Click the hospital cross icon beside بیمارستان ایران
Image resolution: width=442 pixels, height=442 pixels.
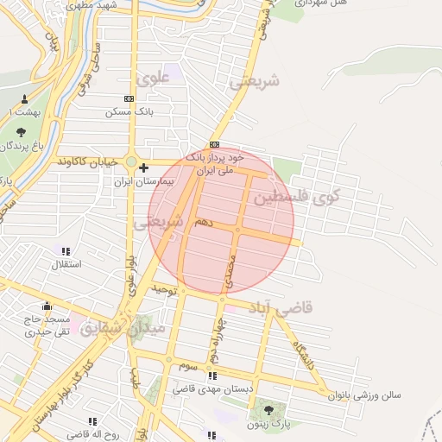(144, 167)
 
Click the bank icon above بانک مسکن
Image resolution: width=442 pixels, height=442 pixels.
(129, 99)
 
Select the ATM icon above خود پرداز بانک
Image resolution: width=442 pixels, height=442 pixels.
(214, 144)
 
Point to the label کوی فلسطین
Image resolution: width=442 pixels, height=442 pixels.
(296, 197)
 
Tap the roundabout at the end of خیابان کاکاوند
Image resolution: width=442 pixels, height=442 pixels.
(131, 161)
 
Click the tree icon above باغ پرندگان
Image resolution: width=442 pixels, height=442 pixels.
(21, 132)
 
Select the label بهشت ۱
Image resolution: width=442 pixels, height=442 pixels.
(17, 112)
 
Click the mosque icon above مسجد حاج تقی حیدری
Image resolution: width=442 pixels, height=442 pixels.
(47, 306)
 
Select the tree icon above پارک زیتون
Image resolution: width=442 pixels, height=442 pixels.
(268, 409)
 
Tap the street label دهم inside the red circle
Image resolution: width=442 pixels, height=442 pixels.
(203, 222)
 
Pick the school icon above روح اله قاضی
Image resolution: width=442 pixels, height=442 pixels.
(92, 420)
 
